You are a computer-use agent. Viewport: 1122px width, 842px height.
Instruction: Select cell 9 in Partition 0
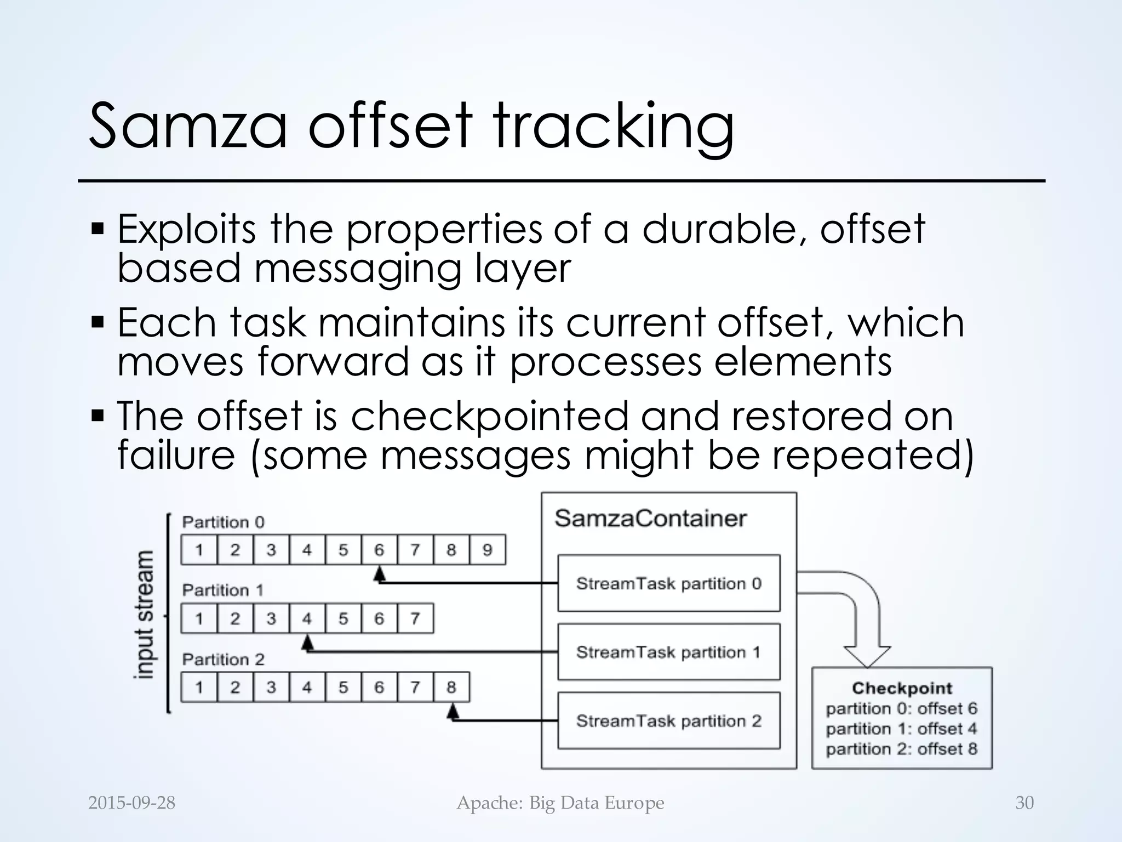[487, 550]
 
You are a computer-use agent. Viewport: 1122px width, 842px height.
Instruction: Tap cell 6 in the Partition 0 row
[379, 550]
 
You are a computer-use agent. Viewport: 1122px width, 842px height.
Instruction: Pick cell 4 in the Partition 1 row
[307, 619]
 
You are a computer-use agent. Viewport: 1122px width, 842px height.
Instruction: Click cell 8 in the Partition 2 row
[451, 687]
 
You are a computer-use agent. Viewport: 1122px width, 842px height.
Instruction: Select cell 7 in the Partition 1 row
[415, 619]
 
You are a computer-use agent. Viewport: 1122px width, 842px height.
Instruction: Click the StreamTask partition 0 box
[668, 583]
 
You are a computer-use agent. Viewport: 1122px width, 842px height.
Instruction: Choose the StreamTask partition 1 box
[668, 652]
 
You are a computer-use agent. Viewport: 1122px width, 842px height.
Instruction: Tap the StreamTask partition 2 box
[668, 721]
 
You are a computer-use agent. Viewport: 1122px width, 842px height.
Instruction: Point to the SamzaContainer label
[650, 518]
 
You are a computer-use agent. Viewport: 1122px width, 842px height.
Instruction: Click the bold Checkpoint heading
[902, 688]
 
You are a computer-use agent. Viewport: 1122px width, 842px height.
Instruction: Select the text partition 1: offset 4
[901, 729]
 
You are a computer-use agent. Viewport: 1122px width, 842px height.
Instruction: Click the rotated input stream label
[145, 614]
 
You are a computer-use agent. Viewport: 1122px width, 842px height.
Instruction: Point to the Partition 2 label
[223, 659]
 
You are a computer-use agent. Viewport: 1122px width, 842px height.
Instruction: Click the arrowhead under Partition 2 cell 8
[453, 712]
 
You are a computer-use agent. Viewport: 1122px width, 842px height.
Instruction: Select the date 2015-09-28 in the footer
[131, 803]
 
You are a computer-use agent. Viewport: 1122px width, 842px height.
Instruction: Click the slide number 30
[1024, 803]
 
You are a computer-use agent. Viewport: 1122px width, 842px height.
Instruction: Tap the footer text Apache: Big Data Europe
[560, 803]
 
